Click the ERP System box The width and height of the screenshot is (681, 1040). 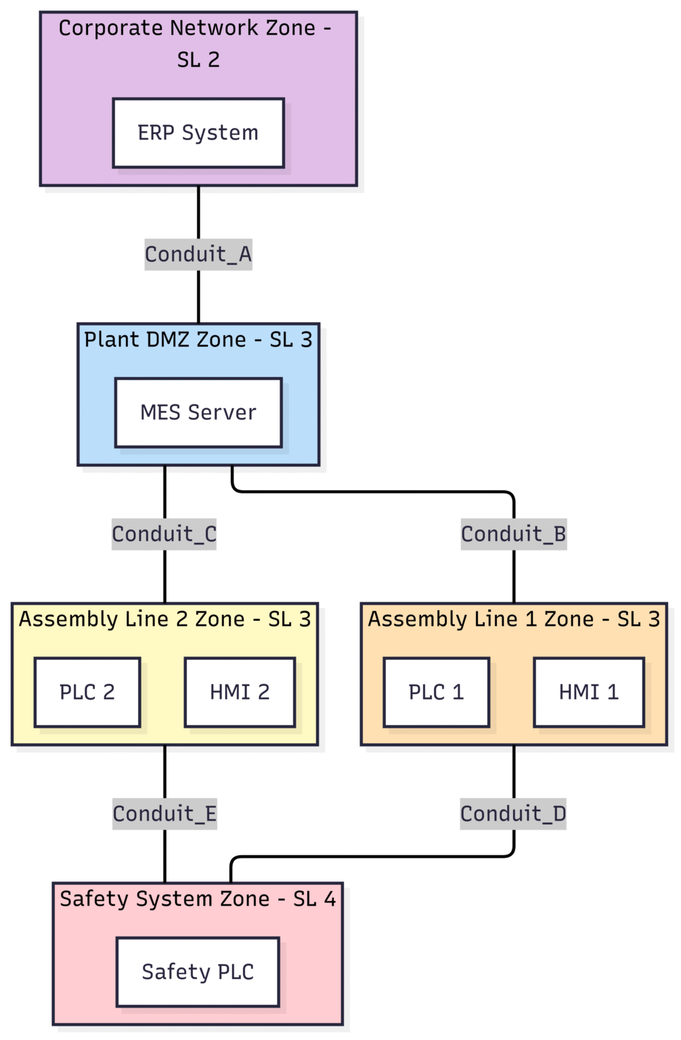198,133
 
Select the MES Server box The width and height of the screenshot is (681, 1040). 198,412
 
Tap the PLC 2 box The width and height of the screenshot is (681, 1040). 87,692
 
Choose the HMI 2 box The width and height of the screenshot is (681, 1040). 240,692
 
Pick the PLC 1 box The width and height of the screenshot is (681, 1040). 436,692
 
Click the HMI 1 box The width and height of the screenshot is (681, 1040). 589,692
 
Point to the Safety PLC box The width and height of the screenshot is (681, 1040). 198,972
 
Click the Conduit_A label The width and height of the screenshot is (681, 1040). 198,255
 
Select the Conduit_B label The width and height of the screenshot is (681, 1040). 514,534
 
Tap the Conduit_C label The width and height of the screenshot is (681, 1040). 164,534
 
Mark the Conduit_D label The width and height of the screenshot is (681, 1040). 513,814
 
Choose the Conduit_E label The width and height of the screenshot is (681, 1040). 164,814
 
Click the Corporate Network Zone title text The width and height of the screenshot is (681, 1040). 196,28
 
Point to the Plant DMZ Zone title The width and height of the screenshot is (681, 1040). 198,339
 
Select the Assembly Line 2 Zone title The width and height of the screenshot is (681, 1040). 164,619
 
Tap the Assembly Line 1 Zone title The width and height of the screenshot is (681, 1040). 514,619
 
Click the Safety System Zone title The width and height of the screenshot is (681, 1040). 198,898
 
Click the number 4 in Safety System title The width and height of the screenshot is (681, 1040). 330,898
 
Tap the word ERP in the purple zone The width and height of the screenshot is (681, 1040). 156,133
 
